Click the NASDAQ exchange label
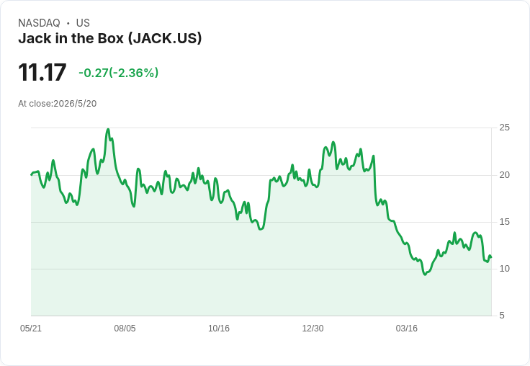tap(39, 23)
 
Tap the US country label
tap(83, 23)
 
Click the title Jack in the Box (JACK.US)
tap(110, 38)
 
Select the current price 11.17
tap(42, 72)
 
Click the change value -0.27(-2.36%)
tap(118, 73)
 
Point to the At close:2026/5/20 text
tap(58, 104)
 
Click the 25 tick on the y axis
tap(504, 128)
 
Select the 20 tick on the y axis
tap(504, 175)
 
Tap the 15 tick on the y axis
tap(504, 222)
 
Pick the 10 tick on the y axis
tap(504, 269)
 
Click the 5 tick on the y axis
tap(502, 316)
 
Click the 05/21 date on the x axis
tap(31, 329)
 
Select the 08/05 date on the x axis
tap(125, 329)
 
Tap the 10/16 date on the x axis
tap(219, 329)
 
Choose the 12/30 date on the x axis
tap(313, 329)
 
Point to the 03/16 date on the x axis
tap(407, 329)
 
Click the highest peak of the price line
tap(108, 129)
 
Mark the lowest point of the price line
tap(425, 274)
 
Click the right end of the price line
tap(491, 257)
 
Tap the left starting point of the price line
tap(32, 175)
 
